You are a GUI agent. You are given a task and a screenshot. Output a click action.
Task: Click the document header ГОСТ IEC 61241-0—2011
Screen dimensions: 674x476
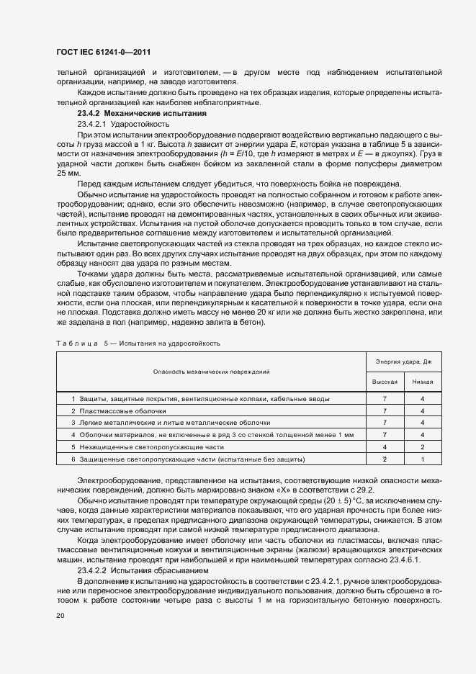point(103,53)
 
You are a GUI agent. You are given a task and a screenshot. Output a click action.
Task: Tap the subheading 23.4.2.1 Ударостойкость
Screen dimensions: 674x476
point(123,124)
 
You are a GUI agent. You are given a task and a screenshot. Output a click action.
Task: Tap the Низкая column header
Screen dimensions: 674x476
point(423,382)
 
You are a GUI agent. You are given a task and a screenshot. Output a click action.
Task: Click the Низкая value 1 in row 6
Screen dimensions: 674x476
point(423,459)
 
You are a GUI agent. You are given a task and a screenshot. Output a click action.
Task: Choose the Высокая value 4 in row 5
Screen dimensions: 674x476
point(385,446)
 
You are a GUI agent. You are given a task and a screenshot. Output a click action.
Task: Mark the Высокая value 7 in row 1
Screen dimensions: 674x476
point(385,398)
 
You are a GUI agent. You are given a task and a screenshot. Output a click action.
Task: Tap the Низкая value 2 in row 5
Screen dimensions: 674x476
point(423,446)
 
